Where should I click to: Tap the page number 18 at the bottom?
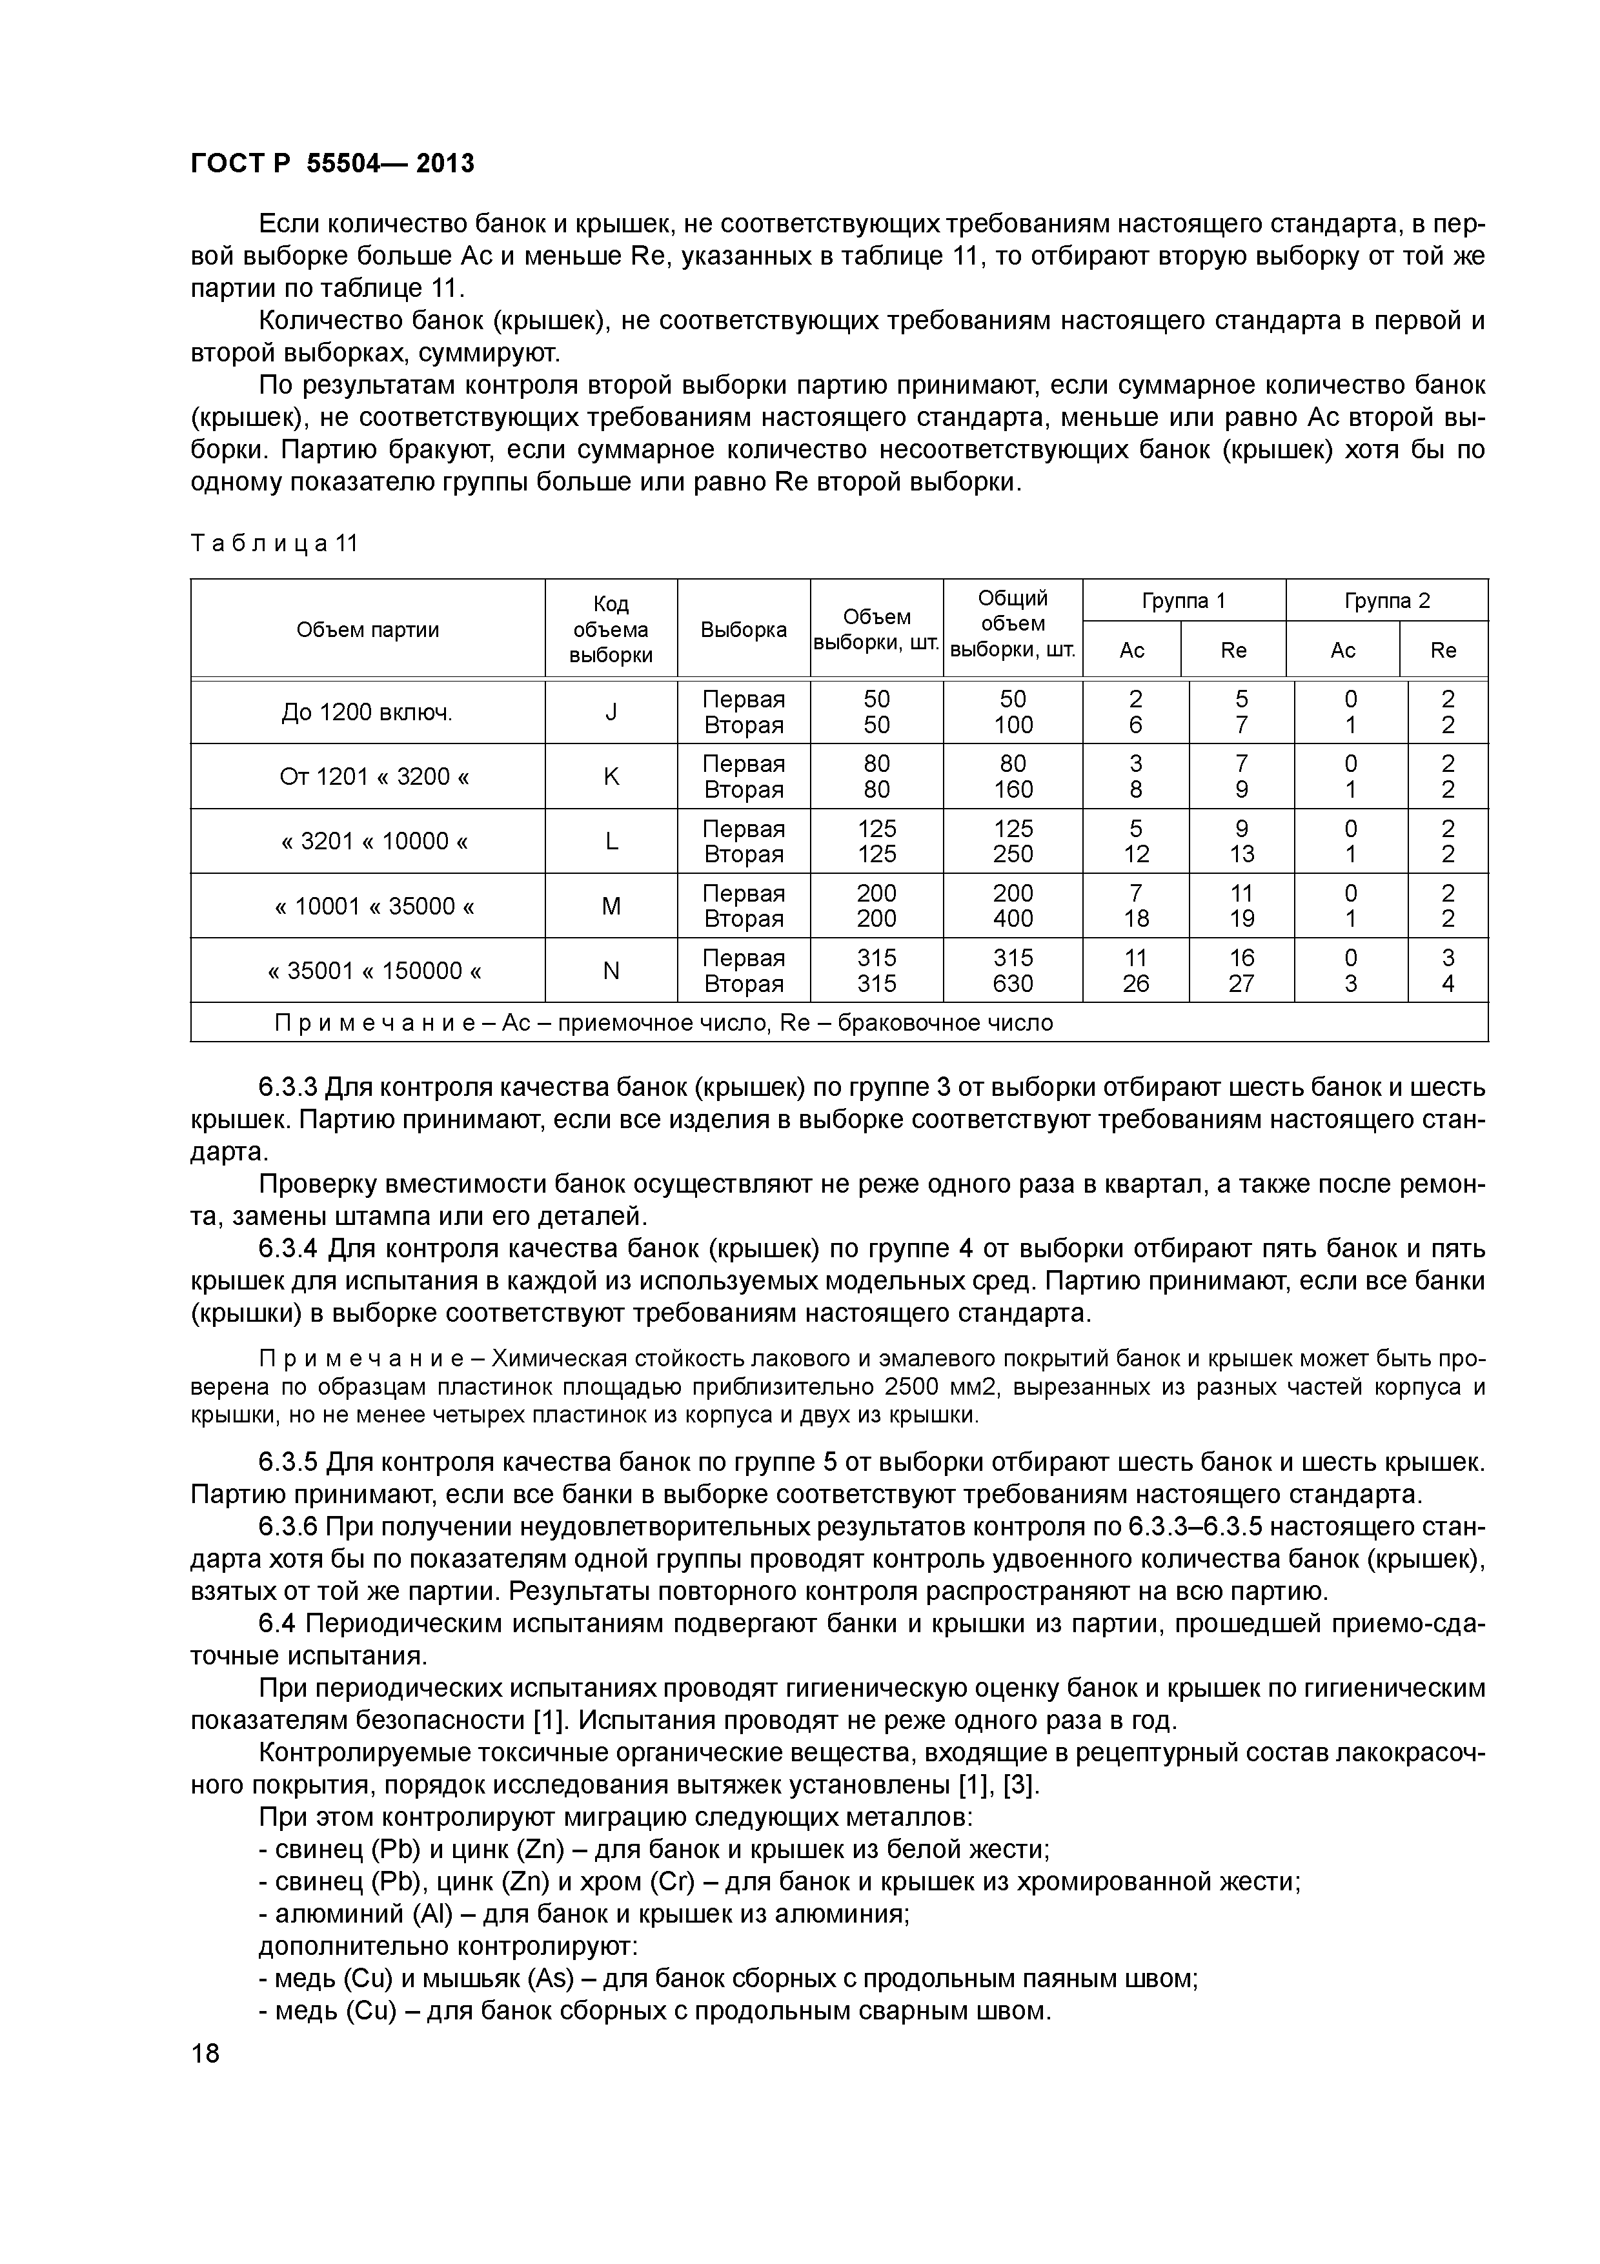tap(205, 2054)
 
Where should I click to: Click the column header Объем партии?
tap(368, 629)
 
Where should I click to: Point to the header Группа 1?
tap(1183, 600)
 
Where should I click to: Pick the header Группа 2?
tap(1386, 600)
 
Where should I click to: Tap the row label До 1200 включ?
tap(368, 712)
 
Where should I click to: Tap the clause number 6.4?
tap(279, 1624)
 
